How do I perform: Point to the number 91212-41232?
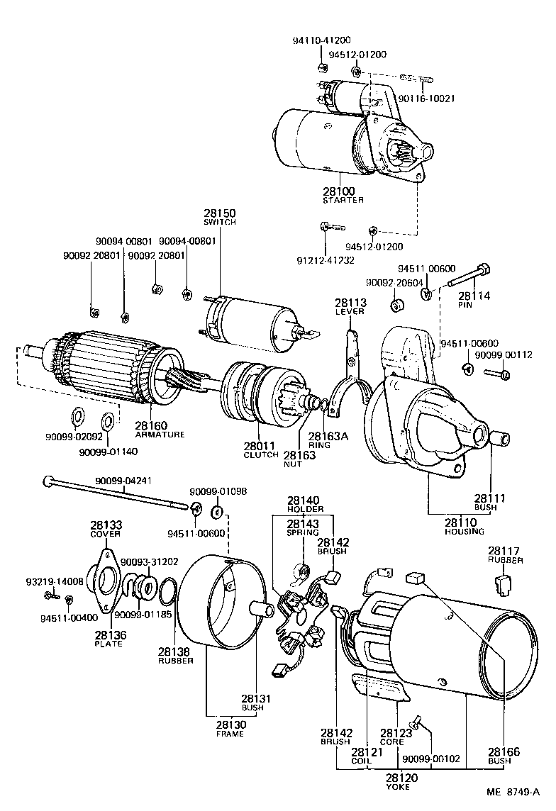pyautogui.click(x=325, y=259)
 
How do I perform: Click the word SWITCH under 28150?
pyautogui.click(x=220, y=222)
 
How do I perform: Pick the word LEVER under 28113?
pyautogui.click(x=350, y=311)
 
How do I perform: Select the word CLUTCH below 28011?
pyautogui.click(x=261, y=454)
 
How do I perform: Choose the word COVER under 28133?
pyautogui.click(x=106, y=534)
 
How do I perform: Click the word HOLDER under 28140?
pyautogui.click(x=305, y=509)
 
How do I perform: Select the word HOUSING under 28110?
pyautogui.click(x=465, y=531)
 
